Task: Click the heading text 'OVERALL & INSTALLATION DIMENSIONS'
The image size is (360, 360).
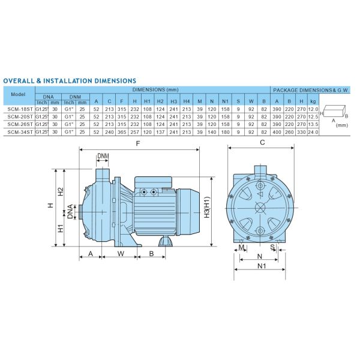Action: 70,80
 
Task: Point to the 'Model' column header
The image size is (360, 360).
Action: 19,94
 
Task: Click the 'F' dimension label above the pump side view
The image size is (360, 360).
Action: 139,144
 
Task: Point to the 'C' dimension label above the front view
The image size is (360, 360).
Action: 262,143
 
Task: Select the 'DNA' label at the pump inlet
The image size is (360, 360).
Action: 70,211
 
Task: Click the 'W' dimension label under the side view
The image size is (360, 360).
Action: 120,253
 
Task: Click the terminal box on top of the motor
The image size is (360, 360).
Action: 153,180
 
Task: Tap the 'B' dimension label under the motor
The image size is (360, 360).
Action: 152,253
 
